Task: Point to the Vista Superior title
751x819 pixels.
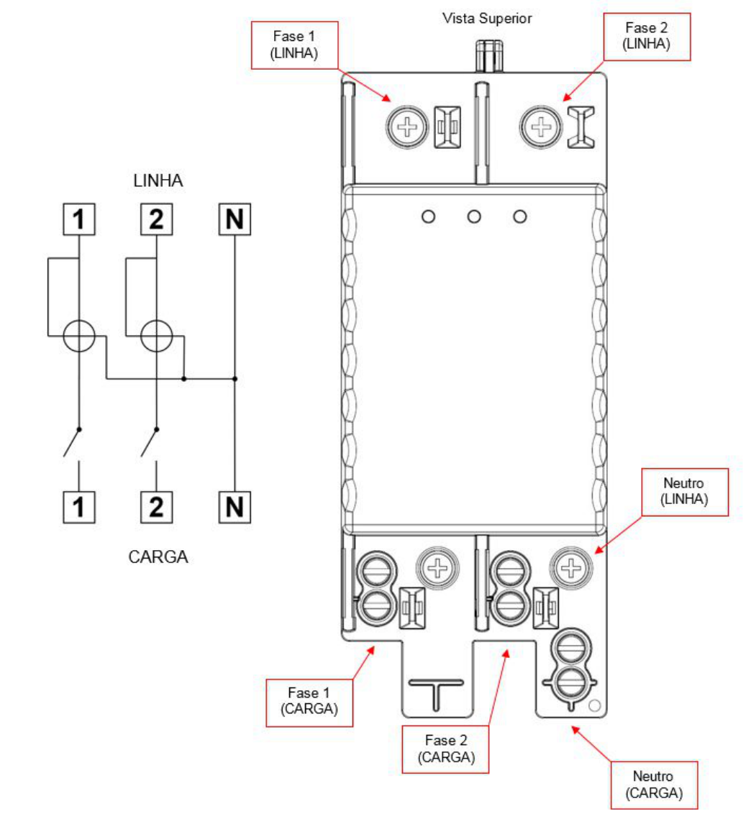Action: [486, 18]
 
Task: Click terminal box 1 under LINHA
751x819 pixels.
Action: [79, 219]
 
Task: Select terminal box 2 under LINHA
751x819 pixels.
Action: [156, 219]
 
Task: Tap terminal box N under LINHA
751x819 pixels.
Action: [235, 219]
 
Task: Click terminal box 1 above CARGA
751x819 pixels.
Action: [79, 507]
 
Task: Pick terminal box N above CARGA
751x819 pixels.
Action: [235, 507]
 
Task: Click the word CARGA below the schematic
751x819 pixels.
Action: [158, 557]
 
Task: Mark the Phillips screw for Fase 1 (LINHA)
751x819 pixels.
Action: [407, 127]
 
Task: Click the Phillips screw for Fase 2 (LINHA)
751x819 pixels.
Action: [541, 127]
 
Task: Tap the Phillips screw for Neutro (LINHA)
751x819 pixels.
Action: [570, 568]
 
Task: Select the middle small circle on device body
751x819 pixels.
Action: [474, 216]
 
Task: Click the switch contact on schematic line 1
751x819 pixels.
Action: [72, 442]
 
